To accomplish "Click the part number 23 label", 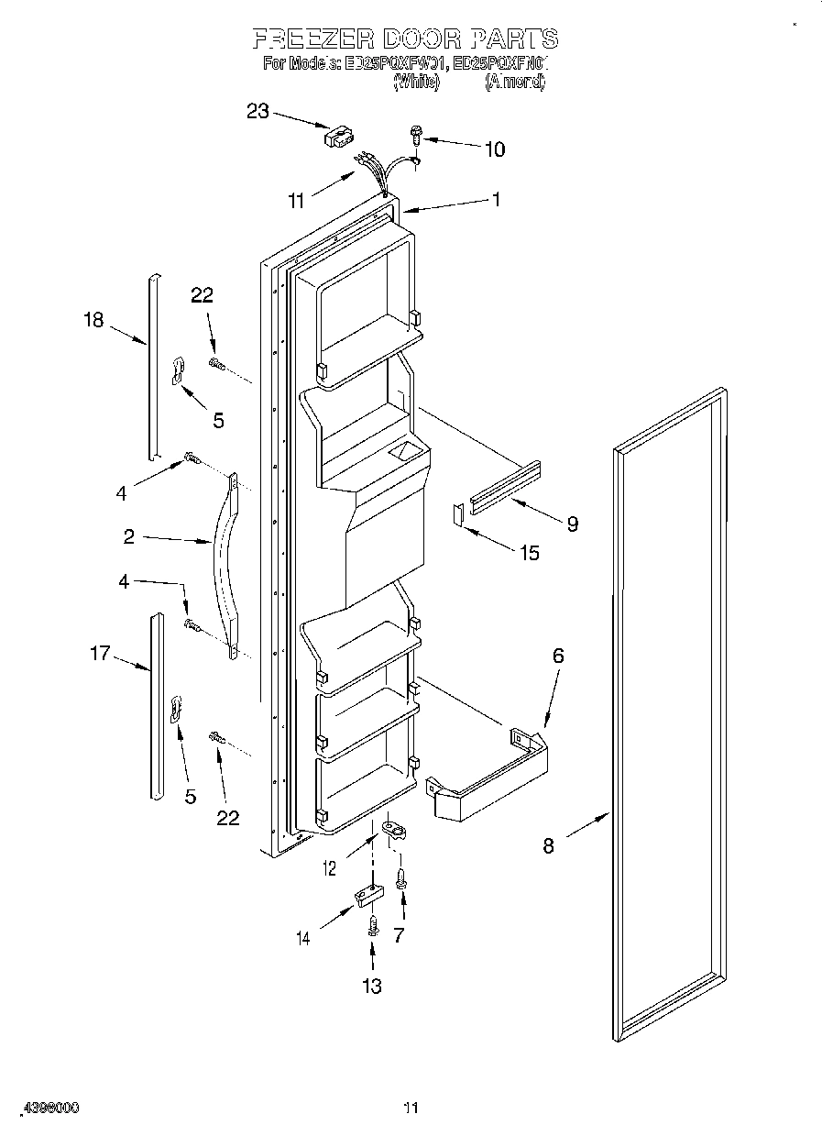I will [x=258, y=112].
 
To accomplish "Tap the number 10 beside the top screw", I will [x=494, y=149].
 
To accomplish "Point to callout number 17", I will [x=99, y=654].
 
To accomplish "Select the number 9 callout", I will [x=572, y=524].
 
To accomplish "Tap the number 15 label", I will [x=530, y=553].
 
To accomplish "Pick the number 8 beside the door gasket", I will [x=548, y=845].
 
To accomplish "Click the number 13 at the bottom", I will [x=371, y=986].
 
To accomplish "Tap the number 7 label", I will [x=400, y=935].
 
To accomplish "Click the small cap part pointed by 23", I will [x=336, y=137].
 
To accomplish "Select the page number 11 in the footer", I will [x=411, y=1108].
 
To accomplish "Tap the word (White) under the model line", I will [x=416, y=83].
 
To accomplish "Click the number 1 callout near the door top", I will [x=496, y=199].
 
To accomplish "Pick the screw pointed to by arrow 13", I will [x=372, y=925].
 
